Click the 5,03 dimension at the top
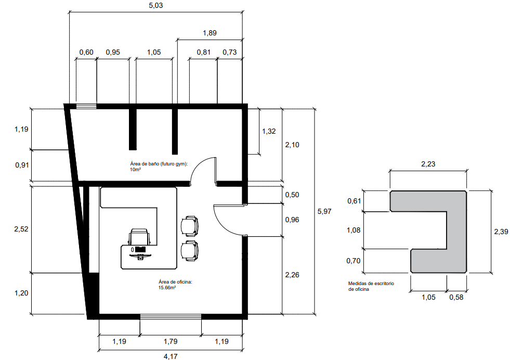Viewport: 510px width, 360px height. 156,6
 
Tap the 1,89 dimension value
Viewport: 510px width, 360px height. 210,33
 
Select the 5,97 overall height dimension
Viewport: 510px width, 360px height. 324,211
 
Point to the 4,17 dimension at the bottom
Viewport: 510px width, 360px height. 171,356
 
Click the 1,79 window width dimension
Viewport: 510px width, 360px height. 171,341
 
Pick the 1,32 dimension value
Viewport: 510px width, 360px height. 269,131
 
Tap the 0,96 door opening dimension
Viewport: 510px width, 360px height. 292,220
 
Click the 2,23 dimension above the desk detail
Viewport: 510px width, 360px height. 428,164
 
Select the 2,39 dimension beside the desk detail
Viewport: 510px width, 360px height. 501,232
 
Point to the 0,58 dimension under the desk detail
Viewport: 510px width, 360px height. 456,297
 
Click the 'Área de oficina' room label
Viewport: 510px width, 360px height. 175,282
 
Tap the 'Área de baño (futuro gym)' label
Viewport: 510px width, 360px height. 159,164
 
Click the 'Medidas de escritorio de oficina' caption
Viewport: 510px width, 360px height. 371,286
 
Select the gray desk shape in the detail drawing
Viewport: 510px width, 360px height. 456,228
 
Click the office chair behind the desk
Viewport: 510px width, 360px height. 140,237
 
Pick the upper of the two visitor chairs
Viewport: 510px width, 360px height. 190,226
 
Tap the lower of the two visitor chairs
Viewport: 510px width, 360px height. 190,251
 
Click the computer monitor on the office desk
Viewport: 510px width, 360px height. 140,249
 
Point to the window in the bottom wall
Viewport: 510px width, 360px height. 171,316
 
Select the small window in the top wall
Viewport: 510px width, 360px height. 86,106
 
